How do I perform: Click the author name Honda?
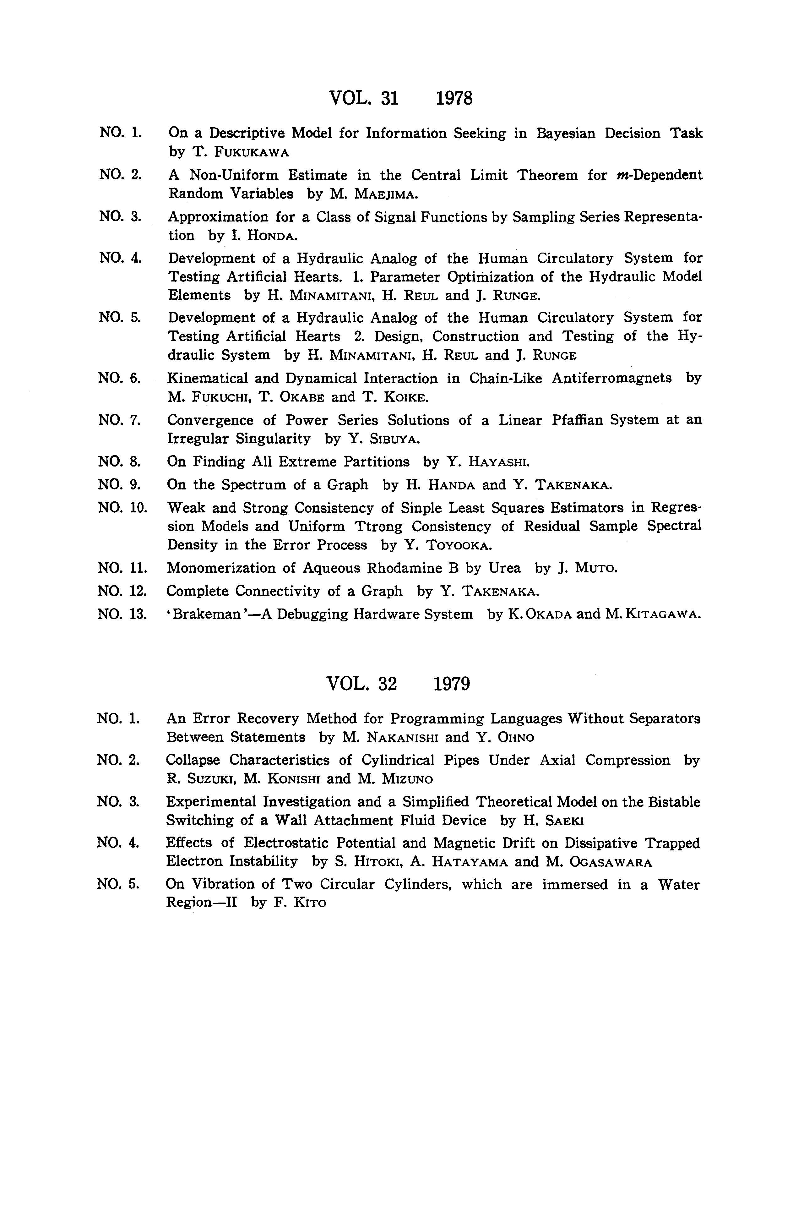(x=272, y=236)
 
